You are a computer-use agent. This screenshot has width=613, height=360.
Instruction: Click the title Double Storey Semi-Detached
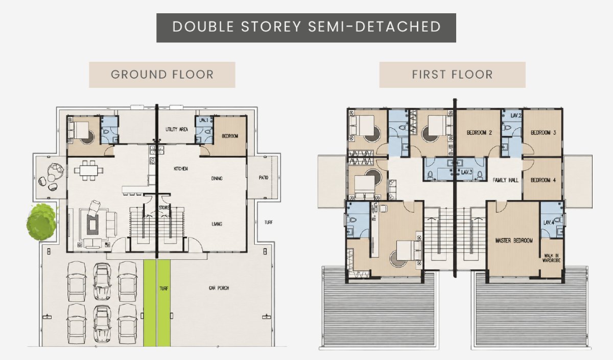click(306, 27)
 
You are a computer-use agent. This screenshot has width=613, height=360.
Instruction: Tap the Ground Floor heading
click(162, 75)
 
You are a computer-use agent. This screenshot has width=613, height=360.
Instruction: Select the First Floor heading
click(453, 75)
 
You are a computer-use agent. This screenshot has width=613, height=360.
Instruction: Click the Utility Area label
click(177, 129)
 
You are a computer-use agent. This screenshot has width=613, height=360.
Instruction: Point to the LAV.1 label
click(204, 120)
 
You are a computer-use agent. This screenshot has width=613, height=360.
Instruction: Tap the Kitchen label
click(181, 169)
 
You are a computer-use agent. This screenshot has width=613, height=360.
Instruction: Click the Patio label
click(264, 178)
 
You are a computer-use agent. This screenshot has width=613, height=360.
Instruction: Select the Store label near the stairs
click(164, 208)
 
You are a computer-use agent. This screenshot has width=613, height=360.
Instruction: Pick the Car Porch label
click(219, 288)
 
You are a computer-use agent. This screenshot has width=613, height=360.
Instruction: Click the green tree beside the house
click(42, 222)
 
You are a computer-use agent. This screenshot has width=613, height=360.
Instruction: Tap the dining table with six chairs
click(89, 171)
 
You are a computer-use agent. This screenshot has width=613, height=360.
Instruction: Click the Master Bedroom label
click(514, 241)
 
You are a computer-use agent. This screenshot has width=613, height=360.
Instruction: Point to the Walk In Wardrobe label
click(551, 258)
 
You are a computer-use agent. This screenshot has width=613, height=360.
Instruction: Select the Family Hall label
click(505, 180)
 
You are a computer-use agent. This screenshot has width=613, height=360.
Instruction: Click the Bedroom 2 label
click(479, 133)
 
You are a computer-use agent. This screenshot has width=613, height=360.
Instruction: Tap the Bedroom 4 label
click(543, 180)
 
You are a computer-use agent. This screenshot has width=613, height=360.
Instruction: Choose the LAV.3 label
click(466, 172)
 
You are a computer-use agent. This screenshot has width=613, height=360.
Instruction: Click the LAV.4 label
click(549, 223)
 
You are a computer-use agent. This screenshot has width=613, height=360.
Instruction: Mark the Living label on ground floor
click(217, 224)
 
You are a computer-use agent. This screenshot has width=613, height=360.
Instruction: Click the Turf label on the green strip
click(163, 289)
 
